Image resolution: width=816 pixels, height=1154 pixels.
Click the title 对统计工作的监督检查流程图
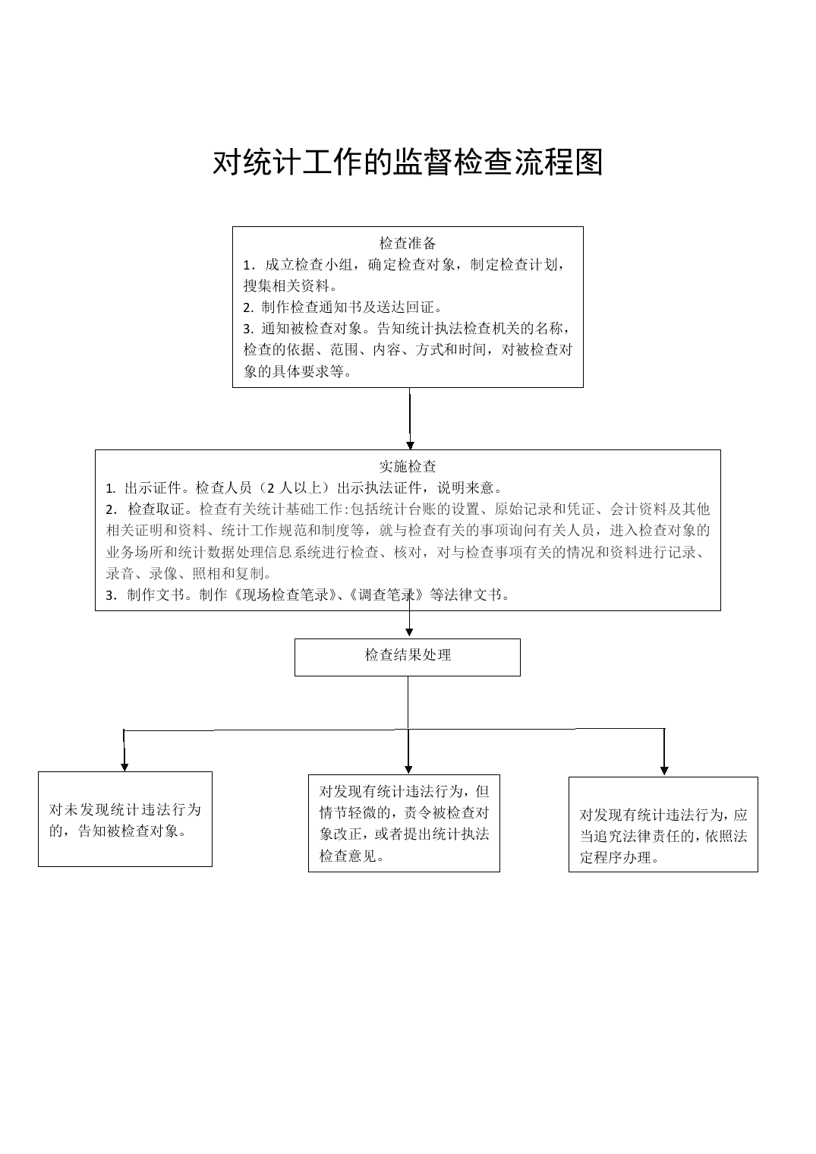[x=408, y=162]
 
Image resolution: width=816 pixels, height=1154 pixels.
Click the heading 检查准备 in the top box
[x=408, y=243]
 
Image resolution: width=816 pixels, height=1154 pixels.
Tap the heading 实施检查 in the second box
[x=408, y=466]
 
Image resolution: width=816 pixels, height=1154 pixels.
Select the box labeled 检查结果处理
[x=408, y=657]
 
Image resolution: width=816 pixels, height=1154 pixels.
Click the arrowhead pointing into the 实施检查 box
[x=410, y=446]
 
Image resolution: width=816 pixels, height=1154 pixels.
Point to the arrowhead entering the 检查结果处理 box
[x=410, y=632]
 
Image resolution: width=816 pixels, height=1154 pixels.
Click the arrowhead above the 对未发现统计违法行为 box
[x=124, y=767]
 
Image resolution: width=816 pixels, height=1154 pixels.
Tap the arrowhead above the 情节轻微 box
[x=408, y=770]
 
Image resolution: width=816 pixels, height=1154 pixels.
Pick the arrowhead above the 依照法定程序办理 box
[x=664, y=771]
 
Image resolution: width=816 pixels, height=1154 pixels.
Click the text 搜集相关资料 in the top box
[x=286, y=285]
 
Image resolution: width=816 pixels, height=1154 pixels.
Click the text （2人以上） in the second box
[x=295, y=487]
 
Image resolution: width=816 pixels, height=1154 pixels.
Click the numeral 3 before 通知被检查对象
[x=247, y=329]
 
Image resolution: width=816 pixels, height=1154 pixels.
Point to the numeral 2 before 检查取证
[x=109, y=509]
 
